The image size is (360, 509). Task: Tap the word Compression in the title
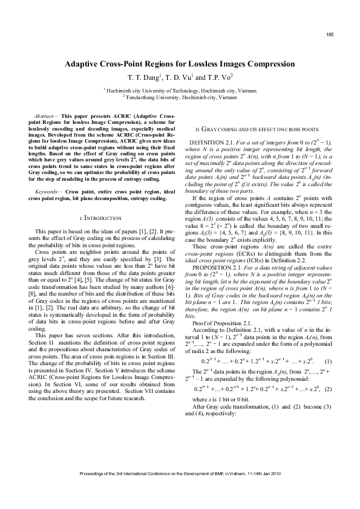(267, 63)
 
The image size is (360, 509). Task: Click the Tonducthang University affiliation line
(180, 96)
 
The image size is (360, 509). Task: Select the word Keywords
(47, 174)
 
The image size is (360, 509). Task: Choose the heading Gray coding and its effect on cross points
(254, 129)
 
